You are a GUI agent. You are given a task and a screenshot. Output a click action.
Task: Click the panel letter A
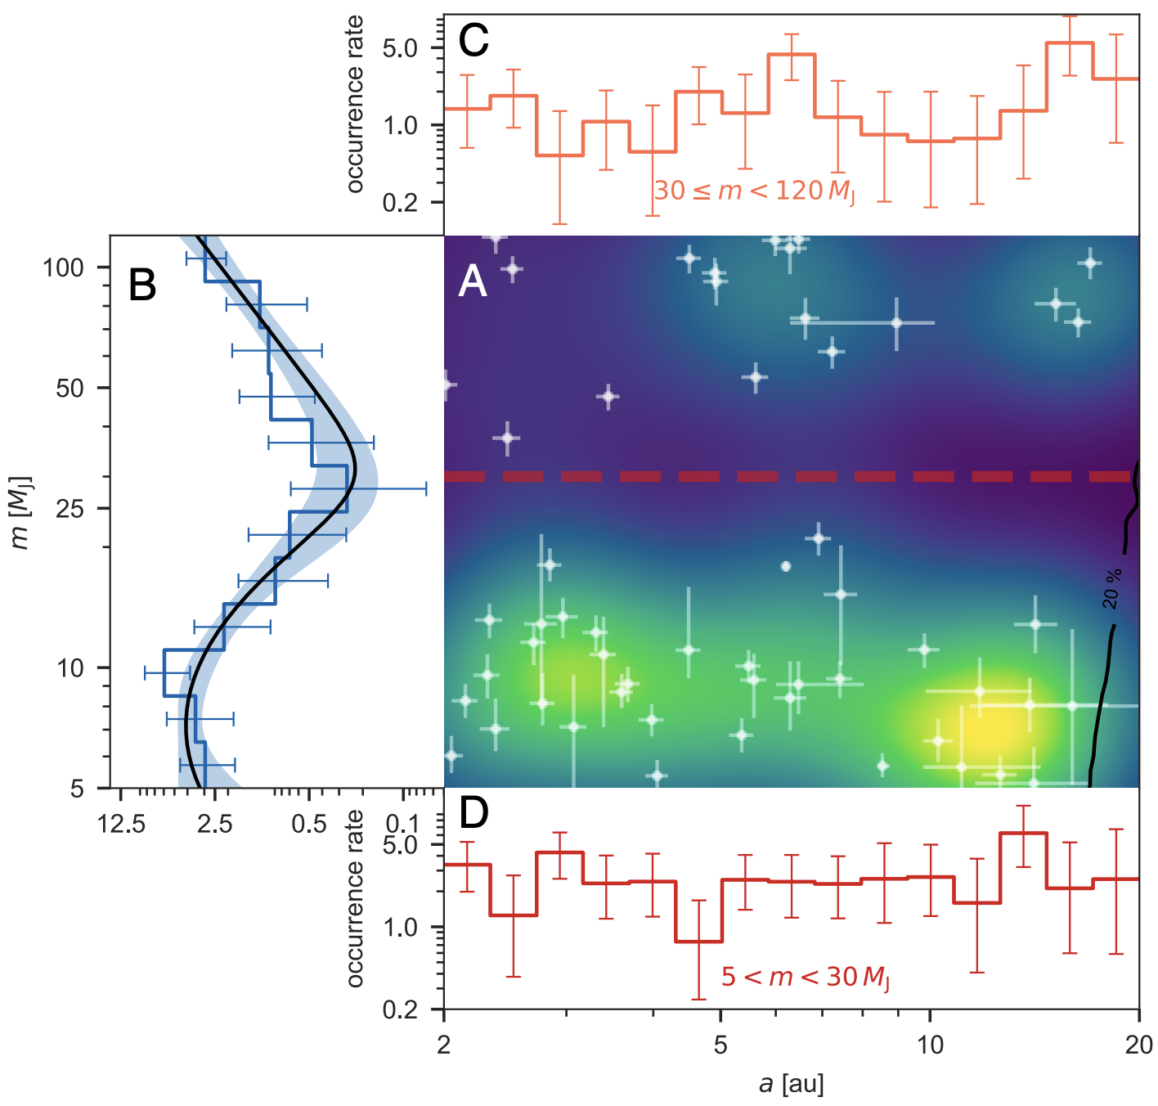tap(473, 282)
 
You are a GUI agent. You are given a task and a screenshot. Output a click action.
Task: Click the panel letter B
tap(142, 285)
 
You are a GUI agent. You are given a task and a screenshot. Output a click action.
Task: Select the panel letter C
tap(474, 40)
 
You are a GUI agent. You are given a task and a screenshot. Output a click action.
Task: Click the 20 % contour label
tap(1112, 589)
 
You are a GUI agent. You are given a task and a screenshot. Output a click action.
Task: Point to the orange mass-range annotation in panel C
tap(754, 191)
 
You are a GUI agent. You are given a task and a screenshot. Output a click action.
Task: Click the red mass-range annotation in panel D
tap(805, 977)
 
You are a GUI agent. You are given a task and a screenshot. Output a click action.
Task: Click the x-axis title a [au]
tap(791, 1084)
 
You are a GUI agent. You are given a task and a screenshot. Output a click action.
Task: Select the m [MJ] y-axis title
tap(20, 512)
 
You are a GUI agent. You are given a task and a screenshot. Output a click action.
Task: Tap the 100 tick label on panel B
tap(64, 268)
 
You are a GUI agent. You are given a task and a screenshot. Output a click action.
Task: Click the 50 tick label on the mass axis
tap(70, 388)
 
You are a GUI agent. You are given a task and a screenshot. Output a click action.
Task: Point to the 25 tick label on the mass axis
tap(70, 509)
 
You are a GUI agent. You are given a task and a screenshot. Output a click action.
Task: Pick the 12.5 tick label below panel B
tap(121, 824)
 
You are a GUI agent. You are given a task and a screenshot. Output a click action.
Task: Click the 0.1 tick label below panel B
tap(402, 824)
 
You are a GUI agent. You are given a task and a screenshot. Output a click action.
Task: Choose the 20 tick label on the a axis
tap(1138, 1045)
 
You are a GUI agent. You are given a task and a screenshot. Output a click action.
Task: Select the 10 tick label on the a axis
tap(930, 1045)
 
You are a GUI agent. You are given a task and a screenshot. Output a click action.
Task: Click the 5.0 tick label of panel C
tap(400, 48)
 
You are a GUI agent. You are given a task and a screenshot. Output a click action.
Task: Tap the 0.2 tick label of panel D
tap(400, 1010)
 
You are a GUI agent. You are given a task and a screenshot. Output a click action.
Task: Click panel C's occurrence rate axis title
tap(354, 104)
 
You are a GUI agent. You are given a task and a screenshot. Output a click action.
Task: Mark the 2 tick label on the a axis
tap(444, 1045)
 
